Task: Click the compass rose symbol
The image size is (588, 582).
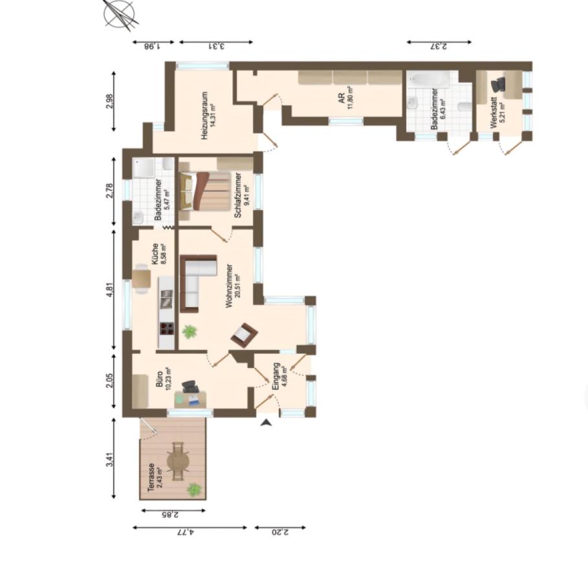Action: (x=121, y=14)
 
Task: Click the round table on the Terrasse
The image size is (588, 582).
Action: (x=178, y=460)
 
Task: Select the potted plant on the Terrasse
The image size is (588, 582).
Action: (x=193, y=490)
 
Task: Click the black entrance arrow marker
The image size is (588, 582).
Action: (x=265, y=423)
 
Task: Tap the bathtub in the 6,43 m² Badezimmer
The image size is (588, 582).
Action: (x=429, y=80)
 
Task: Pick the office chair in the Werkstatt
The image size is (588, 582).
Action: (x=498, y=85)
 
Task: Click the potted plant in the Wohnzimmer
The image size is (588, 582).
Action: (x=190, y=332)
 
